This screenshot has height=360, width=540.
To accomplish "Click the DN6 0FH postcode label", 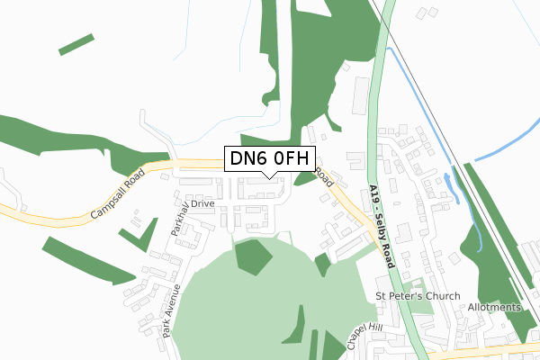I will pyautogui.click(x=270, y=159).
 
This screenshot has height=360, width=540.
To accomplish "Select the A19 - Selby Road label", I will pyautogui.click(x=382, y=225).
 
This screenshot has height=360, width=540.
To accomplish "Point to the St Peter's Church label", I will pyautogui.click(x=418, y=296).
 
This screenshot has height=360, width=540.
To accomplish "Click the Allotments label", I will pyautogui.click(x=494, y=308).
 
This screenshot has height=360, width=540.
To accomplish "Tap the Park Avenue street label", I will pyautogui.click(x=170, y=311).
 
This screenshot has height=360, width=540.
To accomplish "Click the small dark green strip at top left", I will pyautogui.click(x=76, y=44).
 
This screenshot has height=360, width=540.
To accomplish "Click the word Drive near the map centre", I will pyautogui.click(x=202, y=204).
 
